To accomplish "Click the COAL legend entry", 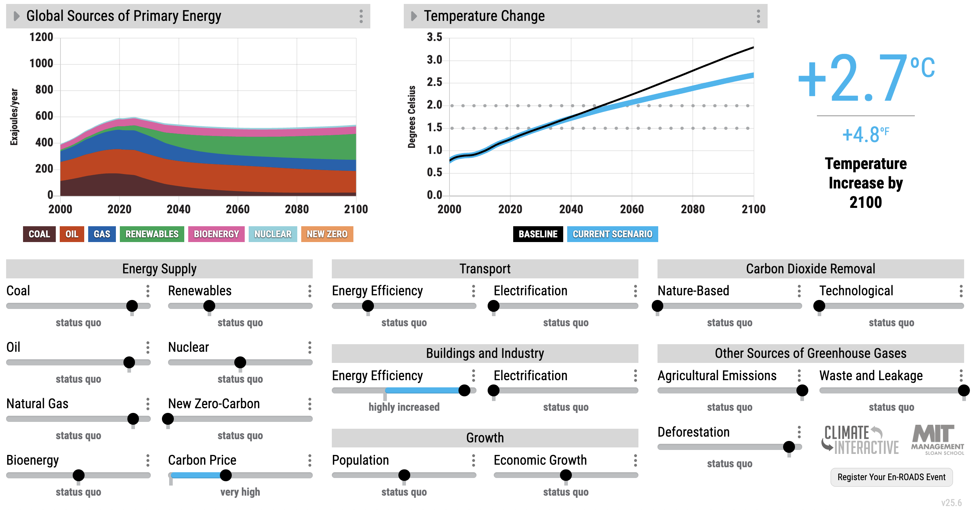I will (x=39, y=234).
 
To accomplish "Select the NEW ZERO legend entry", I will (x=327, y=234).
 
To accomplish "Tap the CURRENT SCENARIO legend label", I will (x=612, y=234).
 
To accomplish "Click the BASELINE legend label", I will (x=538, y=234).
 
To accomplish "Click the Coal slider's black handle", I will (x=132, y=306).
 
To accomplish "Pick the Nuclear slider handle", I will (x=240, y=362).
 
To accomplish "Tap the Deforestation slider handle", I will (x=789, y=447).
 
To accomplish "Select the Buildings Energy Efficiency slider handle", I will (x=464, y=390).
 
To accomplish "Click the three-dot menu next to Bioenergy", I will (x=148, y=460).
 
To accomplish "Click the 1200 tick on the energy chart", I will (x=41, y=37).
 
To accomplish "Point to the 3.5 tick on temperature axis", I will (x=434, y=37).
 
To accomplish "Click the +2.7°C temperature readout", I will (x=866, y=78).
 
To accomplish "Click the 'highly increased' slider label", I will (x=404, y=407).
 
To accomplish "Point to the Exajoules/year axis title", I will (x=14, y=117).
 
